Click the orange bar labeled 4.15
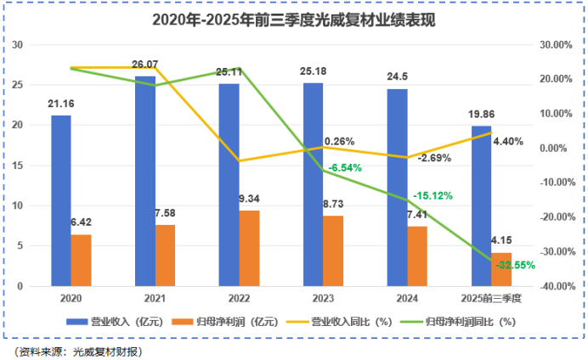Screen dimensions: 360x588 [502, 269]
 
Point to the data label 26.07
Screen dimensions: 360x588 [145, 65]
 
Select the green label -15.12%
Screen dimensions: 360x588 [433, 196]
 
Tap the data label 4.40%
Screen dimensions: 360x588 [508, 142]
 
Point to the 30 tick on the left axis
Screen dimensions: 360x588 [18, 44]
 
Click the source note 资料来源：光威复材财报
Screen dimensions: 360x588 [77, 351]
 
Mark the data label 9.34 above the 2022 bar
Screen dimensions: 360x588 [250, 200]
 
